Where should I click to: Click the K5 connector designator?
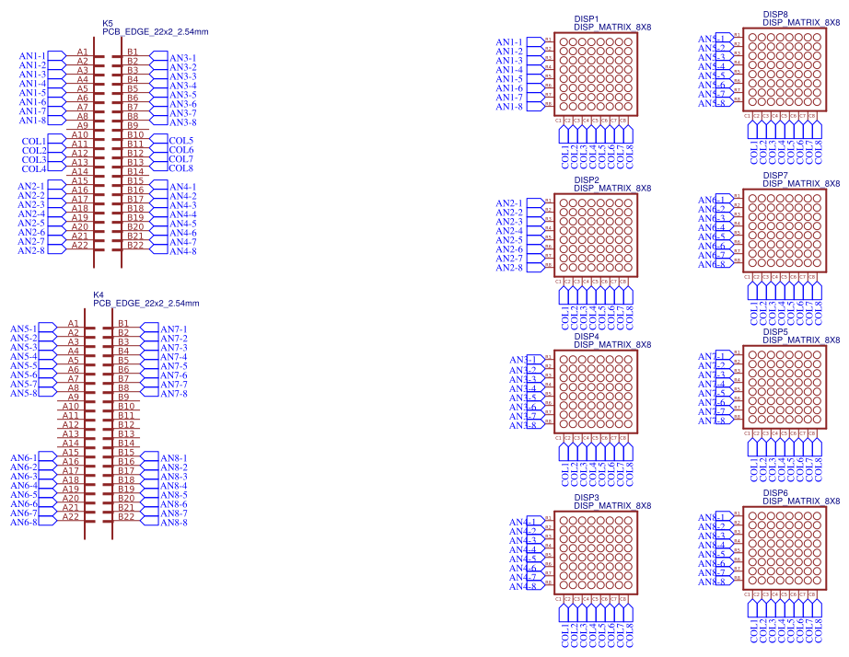pyautogui.click(x=108, y=23)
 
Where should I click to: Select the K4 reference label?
pyautogui.click(x=99, y=294)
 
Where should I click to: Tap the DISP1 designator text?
pyautogui.click(x=587, y=18)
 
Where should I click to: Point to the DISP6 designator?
pyautogui.click(x=775, y=492)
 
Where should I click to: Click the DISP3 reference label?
pyautogui.click(x=587, y=497)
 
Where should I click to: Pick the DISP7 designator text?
pyautogui.click(x=775, y=175)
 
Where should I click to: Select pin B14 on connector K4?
pyautogui.click(x=126, y=444)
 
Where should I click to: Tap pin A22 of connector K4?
pyautogui.click(x=71, y=517)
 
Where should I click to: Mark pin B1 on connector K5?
pyautogui.click(x=133, y=52)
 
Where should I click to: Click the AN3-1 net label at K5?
pyautogui.click(x=183, y=58)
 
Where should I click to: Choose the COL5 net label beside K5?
pyautogui.click(x=181, y=141)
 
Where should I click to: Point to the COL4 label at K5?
pyautogui.click(x=34, y=168)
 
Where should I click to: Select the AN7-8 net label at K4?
pyautogui.click(x=174, y=394)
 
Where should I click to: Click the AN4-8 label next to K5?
pyautogui.click(x=183, y=251)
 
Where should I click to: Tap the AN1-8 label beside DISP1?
pyautogui.click(x=509, y=107)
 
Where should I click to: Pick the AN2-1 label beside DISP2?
pyautogui.click(x=509, y=203)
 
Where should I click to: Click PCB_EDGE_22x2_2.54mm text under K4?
pyautogui.click(x=146, y=303)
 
